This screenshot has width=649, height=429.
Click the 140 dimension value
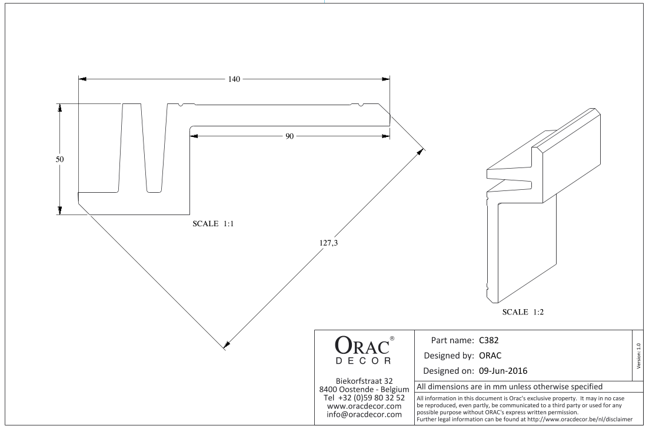tap(234, 79)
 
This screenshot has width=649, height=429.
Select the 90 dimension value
tap(289, 136)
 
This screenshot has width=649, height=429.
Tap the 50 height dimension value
tap(59, 159)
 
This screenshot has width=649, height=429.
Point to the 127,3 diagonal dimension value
tap(328, 243)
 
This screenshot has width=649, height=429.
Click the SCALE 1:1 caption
tap(213, 223)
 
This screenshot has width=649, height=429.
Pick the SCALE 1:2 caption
tap(522, 312)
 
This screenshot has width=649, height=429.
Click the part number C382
tap(489, 340)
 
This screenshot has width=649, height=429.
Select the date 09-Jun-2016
tap(503, 371)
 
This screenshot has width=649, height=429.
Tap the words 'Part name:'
tap(452, 340)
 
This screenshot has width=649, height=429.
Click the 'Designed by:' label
tap(449, 356)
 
